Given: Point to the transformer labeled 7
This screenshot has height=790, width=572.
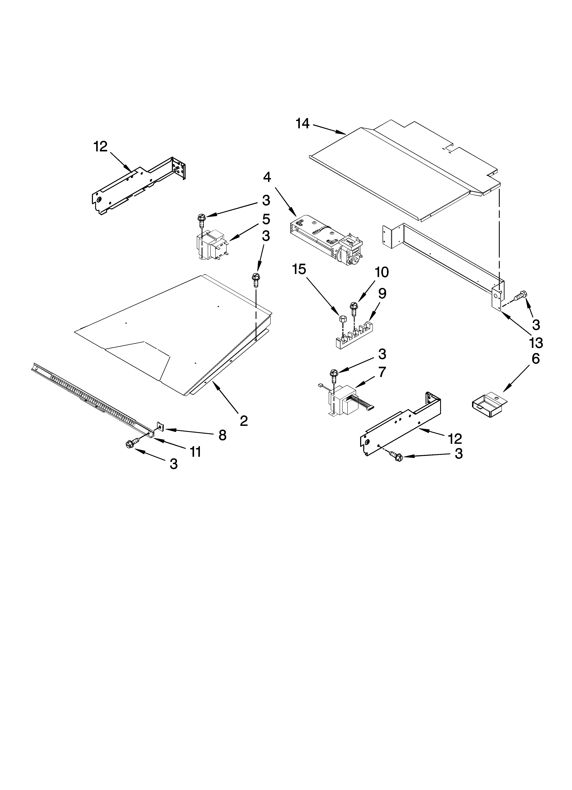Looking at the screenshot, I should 345,401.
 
